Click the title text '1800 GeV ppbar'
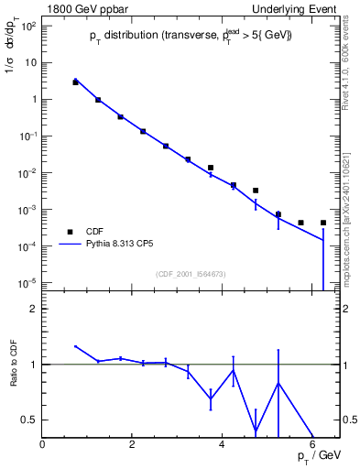point(79,8)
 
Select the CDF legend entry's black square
point(76,232)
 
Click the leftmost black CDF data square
point(75,82)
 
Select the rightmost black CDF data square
point(323,223)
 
